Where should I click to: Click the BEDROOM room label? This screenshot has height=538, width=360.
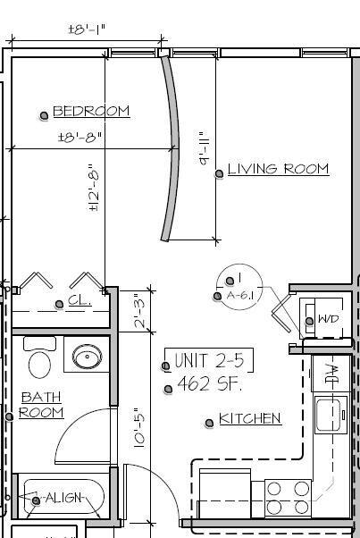point(91,112)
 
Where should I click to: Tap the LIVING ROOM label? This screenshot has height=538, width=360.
point(278,169)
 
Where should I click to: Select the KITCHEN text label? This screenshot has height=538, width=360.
point(250,418)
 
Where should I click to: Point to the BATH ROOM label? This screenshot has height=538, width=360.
point(42,405)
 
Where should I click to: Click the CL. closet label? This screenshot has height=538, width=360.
point(80,302)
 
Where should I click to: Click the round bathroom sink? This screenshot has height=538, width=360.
point(87,359)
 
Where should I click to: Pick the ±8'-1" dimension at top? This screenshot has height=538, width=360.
point(87,29)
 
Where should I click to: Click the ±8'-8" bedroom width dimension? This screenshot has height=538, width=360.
point(81,138)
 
